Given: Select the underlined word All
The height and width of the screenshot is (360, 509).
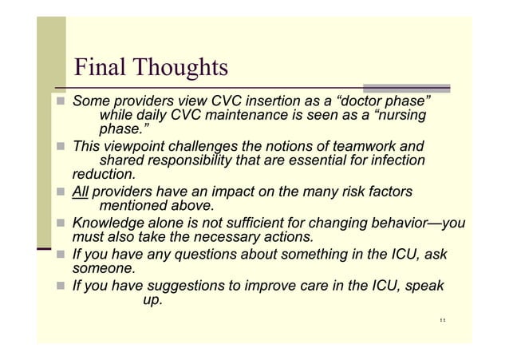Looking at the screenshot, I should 81,192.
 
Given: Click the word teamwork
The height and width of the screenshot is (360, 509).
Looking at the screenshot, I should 356,147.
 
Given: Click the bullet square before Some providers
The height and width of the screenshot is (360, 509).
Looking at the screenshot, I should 61,104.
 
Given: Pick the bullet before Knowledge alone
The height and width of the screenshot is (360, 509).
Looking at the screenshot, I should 61,224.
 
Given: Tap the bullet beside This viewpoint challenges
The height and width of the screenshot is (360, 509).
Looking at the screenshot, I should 61,148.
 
